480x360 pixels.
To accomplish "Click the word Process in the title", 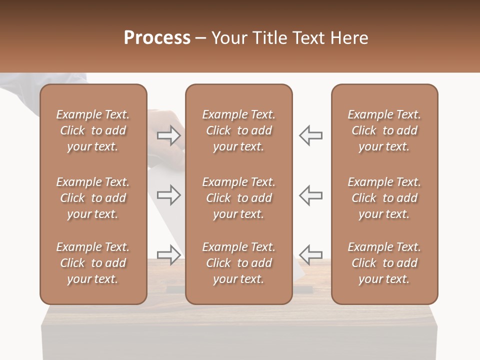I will pyautogui.click(x=157, y=38).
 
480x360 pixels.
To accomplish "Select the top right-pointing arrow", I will pyautogui.click(x=169, y=135).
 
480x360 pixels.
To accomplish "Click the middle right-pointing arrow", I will pyautogui.click(x=169, y=195).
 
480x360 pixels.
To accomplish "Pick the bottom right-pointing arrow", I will pyautogui.click(x=169, y=254).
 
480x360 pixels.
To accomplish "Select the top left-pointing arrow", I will pyautogui.click(x=311, y=135).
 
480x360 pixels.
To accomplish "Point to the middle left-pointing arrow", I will pyautogui.click(x=311, y=195).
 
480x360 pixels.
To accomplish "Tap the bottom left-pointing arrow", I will pyautogui.click(x=311, y=254).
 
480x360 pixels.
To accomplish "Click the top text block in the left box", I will pyautogui.click(x=93, y=130).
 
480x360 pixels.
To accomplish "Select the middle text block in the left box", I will pyautogui.click(x=93, y=198).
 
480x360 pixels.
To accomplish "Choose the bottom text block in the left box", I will pyautogui.click(x=93, y=263).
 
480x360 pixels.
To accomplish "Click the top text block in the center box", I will pyautogui.click(x=239, y=130).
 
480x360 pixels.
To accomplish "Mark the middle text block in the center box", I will pyautogui.click(x=239, y=198).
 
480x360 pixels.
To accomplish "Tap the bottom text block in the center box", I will pyautogui.click(x=239, y=263).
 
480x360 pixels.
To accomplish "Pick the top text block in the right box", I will pyautogui.click(x=384, y=130).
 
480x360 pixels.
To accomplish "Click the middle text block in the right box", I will pyautogui.click(x=384, y=198).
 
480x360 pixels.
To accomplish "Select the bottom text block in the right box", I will pyautogui.click(x=384, y=263).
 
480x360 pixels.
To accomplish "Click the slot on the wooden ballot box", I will pyautogui.click(x=175, y=289).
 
